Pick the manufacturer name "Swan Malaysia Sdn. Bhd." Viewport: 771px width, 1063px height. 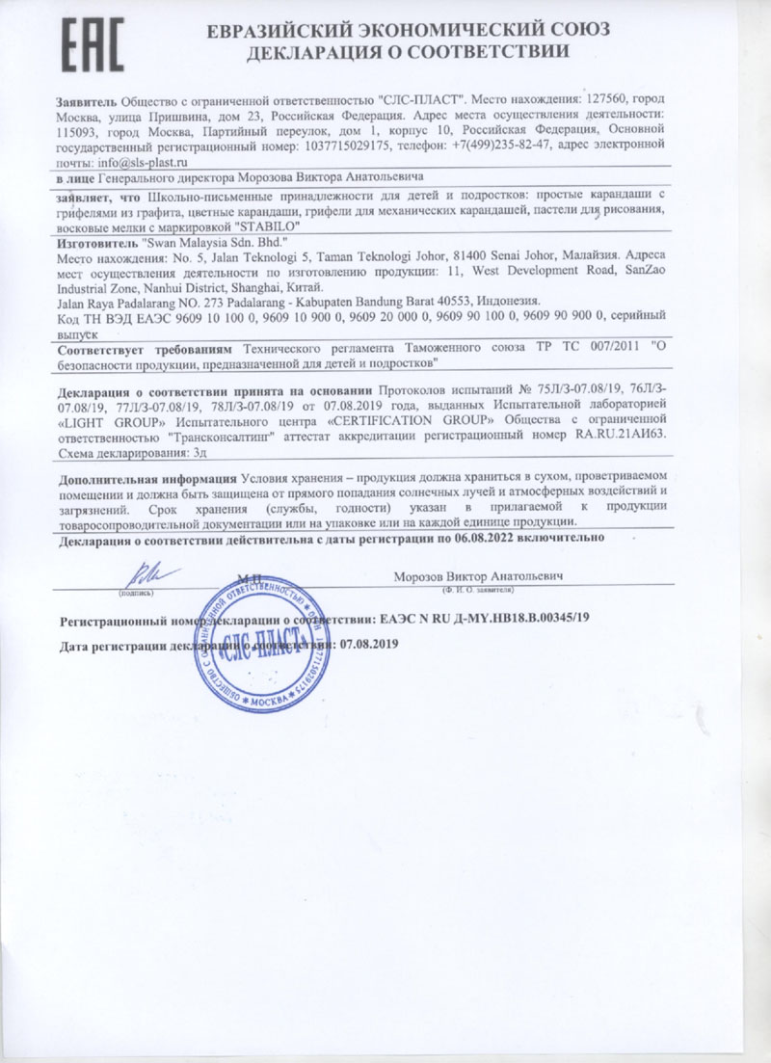point(206,244)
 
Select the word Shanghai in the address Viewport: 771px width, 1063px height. point(284,287)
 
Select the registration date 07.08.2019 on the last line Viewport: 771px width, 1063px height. point(366,643)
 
